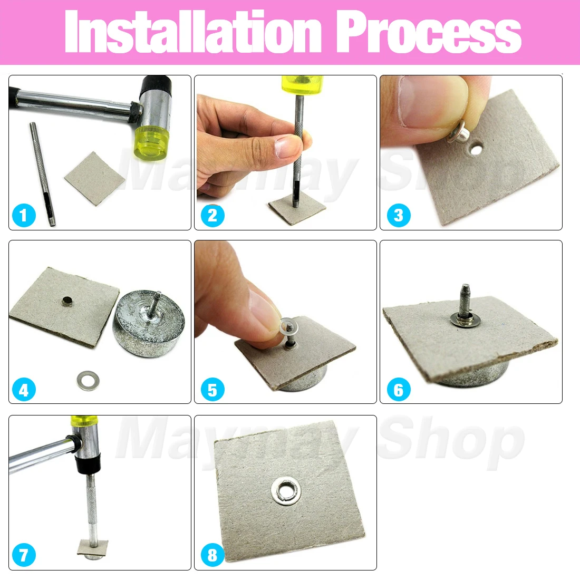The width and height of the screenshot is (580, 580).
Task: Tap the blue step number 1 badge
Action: tap(23, 215)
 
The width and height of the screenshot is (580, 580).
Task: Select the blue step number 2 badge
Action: tap(212, 215)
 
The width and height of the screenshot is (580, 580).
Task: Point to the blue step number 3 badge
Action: tap(398, 215)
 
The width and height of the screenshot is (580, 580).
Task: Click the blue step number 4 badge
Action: tap(23, 390)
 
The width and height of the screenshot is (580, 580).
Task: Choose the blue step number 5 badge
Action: tap(212, 390)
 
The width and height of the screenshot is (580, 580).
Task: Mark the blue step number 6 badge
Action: tap(398, 390)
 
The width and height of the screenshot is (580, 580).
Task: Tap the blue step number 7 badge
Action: tap(23, 555)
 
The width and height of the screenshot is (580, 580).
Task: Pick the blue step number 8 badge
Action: tap(212, 555)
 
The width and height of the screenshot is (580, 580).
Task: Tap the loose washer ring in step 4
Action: tap(88, 380)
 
